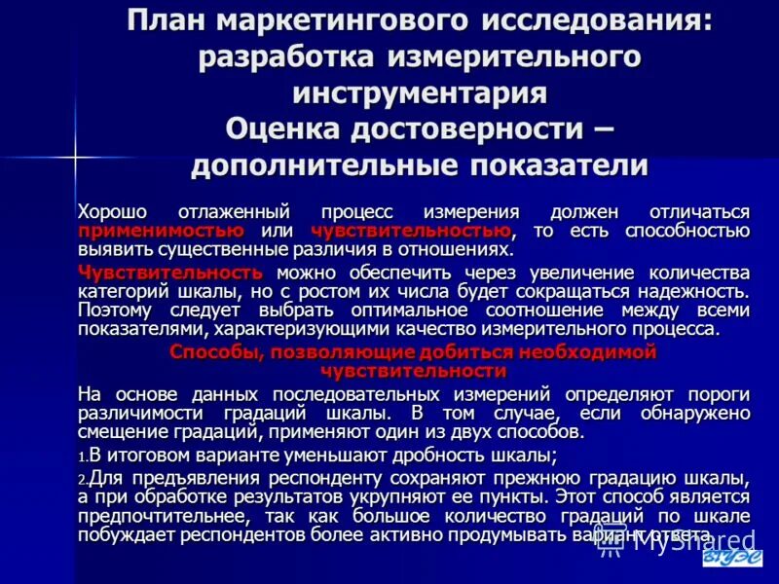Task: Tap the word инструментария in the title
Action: point(420,92)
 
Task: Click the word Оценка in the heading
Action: point(290,128)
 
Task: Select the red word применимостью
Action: point(160,231)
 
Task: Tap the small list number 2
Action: point(83,480)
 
